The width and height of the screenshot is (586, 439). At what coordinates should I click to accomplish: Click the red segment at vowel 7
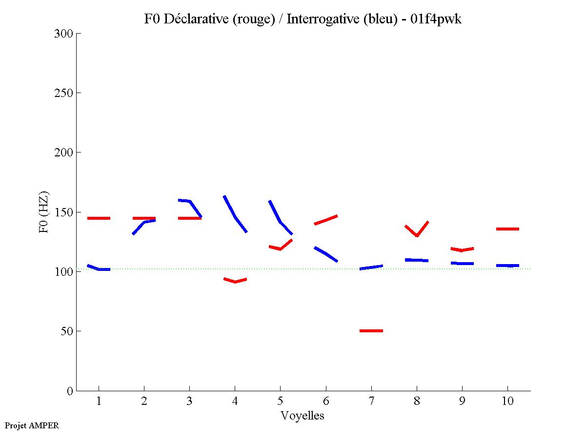(x=371, y=331)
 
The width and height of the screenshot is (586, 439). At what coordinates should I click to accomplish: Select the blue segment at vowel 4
(x=235, y=217)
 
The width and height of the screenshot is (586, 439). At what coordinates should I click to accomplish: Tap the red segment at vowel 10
(x=507, y=229)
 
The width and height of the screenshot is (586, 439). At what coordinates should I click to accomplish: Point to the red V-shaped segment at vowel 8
(x=417, y=235)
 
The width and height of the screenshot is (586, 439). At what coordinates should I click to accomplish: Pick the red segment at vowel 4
(x=235, y=281)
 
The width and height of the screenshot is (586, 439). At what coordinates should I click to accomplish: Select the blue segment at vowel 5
(x=280, y=222)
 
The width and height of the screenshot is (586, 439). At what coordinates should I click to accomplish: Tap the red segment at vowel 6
(x=326, y=220)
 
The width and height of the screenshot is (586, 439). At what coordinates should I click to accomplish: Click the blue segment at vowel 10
(x=507, y=266)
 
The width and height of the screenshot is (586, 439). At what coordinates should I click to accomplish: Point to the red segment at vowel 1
(x=99, y=218)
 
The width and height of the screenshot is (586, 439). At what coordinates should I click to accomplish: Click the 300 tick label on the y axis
(x=64, y=34)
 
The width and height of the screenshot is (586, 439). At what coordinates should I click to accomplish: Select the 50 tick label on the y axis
(x=67, y=331)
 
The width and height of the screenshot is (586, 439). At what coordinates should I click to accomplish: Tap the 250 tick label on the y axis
(x=64, y=93)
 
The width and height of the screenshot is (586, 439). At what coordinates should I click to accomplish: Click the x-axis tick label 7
(x=371, y=401)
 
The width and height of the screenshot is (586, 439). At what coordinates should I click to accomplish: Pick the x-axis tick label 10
(x=507, y=401)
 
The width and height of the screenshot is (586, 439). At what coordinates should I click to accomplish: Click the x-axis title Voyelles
(x=303, y=416)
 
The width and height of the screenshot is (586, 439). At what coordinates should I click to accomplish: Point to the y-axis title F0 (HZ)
(x=44, y=212)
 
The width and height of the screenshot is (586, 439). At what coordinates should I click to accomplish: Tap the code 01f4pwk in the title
(x=436, y=19)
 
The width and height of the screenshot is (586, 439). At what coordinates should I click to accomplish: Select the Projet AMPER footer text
(x=32, y=425)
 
